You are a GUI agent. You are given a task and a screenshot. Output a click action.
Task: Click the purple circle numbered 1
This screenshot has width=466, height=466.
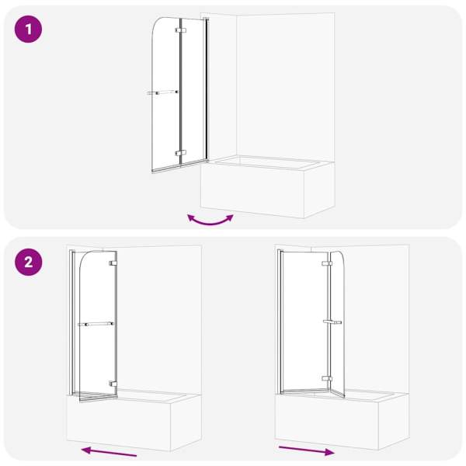click(x=28, y=30)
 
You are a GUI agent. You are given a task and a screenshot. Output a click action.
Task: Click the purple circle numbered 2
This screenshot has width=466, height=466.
click(x=28, y=263)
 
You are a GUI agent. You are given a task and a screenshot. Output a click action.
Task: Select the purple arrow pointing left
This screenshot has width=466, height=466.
click(x=109, y=451)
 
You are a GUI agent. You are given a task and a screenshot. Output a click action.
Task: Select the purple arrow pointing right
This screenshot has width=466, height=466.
click(x=307, y=450)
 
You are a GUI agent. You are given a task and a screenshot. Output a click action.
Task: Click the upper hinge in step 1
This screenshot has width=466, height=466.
click(x=181, y=30)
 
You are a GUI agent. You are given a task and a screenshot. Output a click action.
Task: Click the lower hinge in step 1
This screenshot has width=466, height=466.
click(x=181, y=153)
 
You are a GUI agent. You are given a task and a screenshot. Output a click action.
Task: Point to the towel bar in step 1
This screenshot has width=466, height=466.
click(x=162, y=92)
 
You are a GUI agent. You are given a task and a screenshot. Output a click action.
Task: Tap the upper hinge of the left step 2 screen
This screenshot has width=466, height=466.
click(x=113, y=263)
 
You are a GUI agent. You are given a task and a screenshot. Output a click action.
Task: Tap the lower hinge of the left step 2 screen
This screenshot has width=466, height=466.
click(x=113, y=384)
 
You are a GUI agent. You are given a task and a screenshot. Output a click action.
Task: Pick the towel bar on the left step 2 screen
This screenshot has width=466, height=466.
click(x=96, y=324)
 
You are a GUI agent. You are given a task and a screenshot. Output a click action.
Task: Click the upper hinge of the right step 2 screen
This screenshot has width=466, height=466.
click(x=327, y=263)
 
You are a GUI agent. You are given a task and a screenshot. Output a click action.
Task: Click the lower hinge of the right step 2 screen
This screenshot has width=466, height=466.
click(x=327, y=379)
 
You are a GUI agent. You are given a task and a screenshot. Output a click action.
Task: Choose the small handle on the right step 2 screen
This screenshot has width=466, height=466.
click(x=332, y=322)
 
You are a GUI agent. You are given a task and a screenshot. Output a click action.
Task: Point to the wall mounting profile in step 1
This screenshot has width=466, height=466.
click(x=206, y=89)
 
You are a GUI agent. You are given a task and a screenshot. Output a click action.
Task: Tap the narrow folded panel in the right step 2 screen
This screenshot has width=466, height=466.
click(x=337, y=324)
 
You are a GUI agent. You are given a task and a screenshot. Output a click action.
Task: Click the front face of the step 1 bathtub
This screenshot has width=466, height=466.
click(x=252, y=191)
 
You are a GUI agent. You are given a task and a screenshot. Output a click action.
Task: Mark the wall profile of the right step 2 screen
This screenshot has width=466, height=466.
click(x=280, y=322)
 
